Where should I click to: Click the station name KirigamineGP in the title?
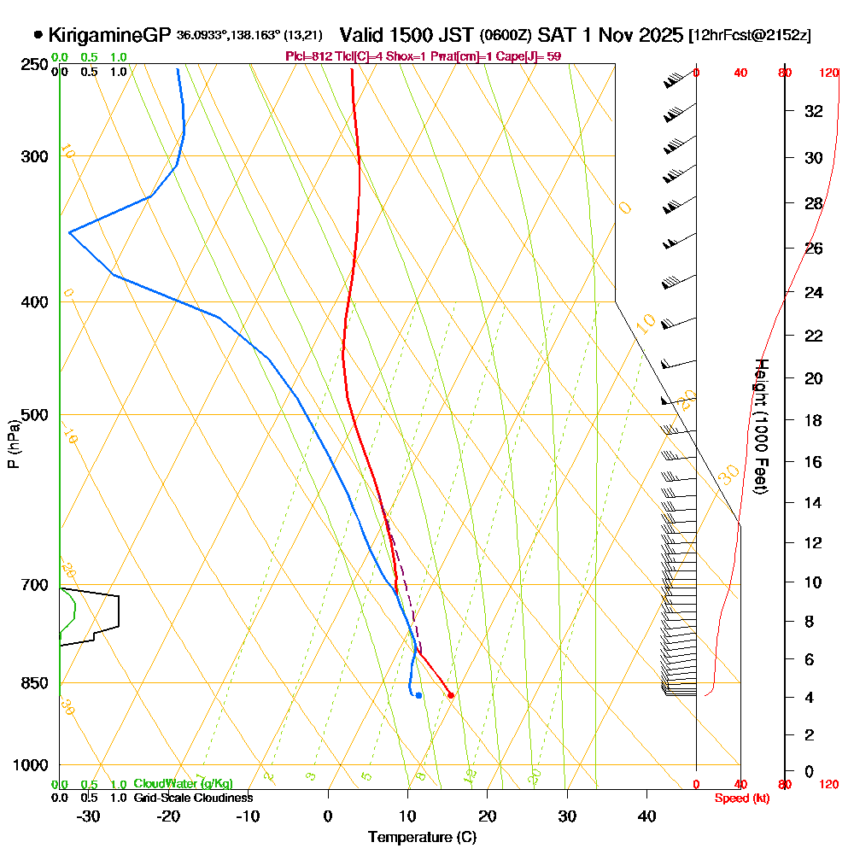pos(110,35)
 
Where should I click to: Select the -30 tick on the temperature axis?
pos(89,816)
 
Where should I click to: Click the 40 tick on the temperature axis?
pos(646,816)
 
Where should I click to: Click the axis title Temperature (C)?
pos(422,837)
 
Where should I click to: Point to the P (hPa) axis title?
pos(13,443)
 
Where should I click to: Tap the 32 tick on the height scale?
pos(814,111)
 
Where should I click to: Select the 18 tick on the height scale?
pos(814,420)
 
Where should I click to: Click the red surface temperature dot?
pos(451,695)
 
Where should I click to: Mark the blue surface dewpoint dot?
pos(418,695)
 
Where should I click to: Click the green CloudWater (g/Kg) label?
pos(183,784)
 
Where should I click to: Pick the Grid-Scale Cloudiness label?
pos(192,798)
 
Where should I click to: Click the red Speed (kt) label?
pos(740,798)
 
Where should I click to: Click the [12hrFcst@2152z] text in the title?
pos(750,36)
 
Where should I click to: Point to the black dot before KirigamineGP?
pos(38,35)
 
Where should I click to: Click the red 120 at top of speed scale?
pos(829,73)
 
